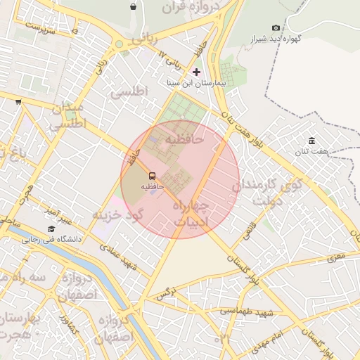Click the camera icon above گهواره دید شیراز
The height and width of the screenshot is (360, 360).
point(275,27)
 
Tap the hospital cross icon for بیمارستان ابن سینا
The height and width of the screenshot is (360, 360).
point(196,72)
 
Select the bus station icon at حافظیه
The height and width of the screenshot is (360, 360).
point(153,176)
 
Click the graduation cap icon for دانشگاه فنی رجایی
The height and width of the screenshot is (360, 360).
point(51,229)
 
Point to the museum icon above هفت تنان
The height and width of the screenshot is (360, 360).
point(311,141)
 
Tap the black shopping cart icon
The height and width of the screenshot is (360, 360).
point(18,101)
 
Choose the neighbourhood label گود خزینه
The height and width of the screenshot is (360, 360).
point(117,214)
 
